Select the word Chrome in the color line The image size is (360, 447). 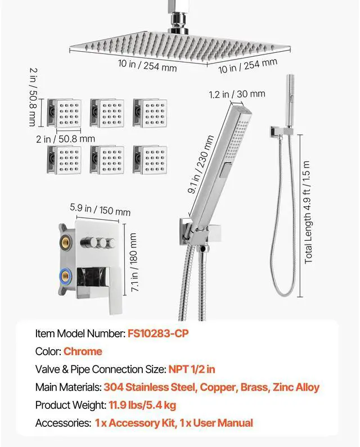(x=83, y=351)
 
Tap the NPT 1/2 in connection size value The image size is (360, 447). (x=192, y=369)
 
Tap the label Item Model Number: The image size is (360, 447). (x=79, y=333)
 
